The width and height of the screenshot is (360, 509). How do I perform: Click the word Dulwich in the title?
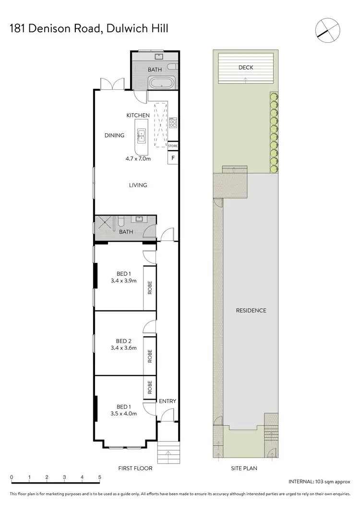(x=123, y=29)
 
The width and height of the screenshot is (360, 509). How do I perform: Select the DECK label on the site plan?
(x=246, y=68)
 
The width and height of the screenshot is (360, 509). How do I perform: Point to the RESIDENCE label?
(x=251, y=310)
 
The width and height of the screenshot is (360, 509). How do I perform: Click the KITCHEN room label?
(x=138, y=115)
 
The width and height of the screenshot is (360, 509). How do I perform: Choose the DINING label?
(x=114, y=135)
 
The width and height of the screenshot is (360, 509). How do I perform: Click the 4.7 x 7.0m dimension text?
(x=138, y=158)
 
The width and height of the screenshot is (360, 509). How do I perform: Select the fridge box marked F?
(x=173, y=157)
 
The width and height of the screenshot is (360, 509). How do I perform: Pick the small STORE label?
(x=173, y=146)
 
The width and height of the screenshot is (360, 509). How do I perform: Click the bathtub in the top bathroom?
(x=162, y=83)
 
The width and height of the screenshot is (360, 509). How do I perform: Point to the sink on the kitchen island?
(x=142, y=136)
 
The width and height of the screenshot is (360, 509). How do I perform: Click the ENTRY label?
(x=168, y=401)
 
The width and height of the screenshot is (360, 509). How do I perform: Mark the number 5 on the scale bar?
(x=100, y=477)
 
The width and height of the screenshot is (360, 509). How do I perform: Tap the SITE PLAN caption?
(x=245, y=468)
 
